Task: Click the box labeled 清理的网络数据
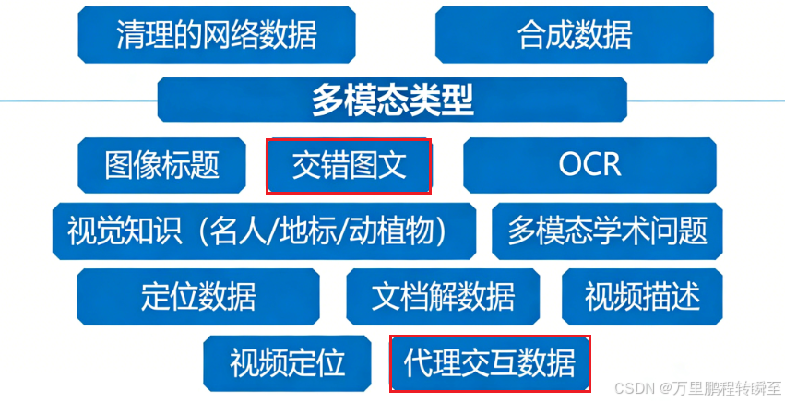216,35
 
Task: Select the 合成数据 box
575,35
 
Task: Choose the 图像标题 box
162,166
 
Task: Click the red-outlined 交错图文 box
349,166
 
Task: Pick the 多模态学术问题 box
607,231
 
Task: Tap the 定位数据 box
198,297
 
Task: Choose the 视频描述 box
642,297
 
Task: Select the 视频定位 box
287,362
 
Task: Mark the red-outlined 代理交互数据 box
490,362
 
